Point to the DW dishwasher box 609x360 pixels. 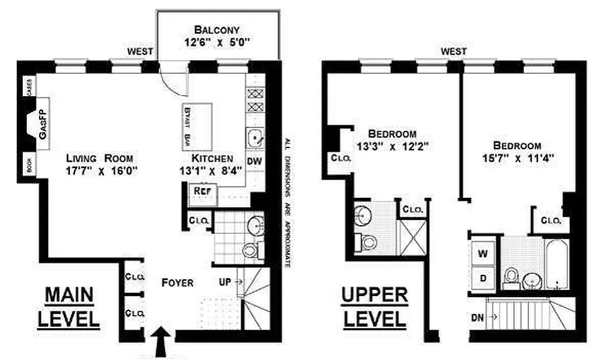[254, 161]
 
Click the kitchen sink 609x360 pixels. [254, 138]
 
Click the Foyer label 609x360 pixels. [177, 283]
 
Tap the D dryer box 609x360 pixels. [484, 278]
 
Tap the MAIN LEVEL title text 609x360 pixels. [69, 308]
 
